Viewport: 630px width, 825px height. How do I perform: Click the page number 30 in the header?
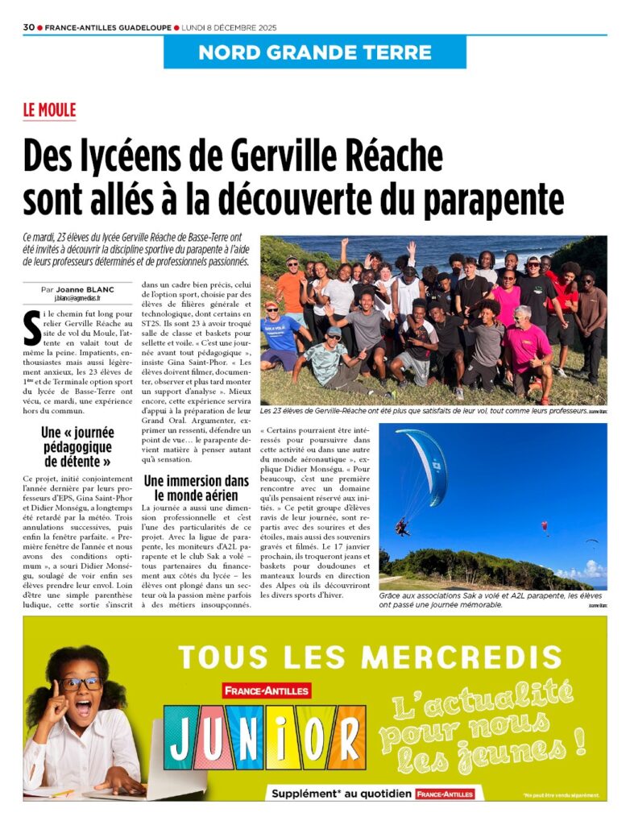point(28,27)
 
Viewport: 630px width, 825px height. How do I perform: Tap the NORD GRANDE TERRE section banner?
point(315,53)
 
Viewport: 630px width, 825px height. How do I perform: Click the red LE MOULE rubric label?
point(49,110)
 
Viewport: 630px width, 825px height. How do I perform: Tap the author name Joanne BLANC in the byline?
point(86,288)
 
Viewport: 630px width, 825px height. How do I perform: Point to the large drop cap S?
point(31,324)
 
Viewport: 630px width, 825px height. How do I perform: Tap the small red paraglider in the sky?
point(545,527)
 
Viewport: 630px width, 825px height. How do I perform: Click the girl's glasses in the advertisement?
point(81,684)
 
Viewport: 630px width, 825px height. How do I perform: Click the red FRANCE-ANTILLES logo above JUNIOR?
point(267,690)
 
